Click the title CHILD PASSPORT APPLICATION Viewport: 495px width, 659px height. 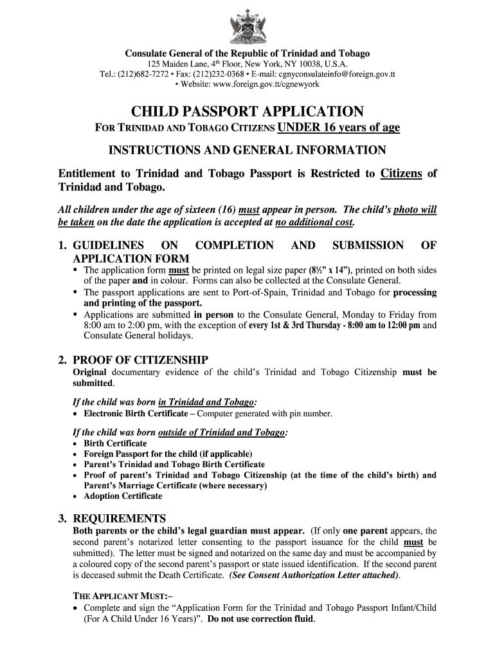[248, 111]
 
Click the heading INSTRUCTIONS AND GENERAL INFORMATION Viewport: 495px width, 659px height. [247, 151]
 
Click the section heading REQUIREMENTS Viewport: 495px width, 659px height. [120, 519]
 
